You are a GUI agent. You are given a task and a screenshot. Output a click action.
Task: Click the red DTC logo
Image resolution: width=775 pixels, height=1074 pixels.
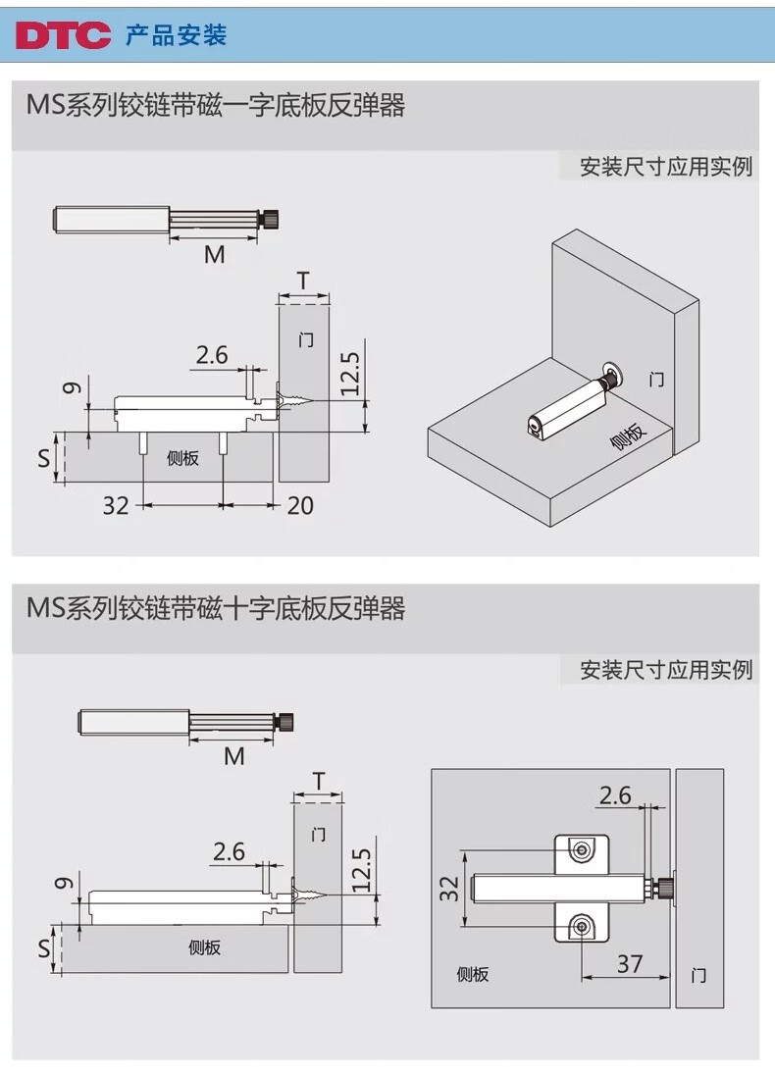pyautogui.click(x=63, y=36)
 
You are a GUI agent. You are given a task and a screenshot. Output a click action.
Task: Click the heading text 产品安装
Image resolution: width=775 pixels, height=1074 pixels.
pyautogui.click(x=177, y=36)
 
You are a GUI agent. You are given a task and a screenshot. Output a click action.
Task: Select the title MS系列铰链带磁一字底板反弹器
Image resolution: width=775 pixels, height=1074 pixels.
pyautogui.click(x=216, y=106)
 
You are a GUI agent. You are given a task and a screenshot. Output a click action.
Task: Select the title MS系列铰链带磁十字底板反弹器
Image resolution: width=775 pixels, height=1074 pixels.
pyautogui.click(x=216, y=609)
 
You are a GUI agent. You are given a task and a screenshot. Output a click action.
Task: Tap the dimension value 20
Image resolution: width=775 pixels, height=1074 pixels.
pyautogui.click(x=300, y=505)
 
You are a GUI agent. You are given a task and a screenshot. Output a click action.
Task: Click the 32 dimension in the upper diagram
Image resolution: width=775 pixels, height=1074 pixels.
pyautogui.click(x=116, y=505)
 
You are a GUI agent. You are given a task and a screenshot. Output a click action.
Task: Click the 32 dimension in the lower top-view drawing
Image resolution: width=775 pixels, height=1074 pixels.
pyautogui.click(x=448, y=889)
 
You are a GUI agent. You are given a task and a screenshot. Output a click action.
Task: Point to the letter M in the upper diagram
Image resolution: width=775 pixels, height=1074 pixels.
pyautogui.click(x=214, y=255)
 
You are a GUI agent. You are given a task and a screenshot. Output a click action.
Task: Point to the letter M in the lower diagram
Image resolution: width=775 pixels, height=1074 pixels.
pyautogui.click(x=233, y=756)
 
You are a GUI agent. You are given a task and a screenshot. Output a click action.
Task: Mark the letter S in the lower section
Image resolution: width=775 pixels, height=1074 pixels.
pyautogui.click(x=43, y=949)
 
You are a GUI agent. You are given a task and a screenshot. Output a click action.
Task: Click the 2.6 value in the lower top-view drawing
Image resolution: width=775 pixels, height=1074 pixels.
pyautogui.click(x=615, y=794)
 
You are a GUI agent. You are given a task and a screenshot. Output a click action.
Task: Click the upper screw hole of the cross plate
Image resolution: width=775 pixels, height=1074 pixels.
pyautogui.click(x=583, y=849)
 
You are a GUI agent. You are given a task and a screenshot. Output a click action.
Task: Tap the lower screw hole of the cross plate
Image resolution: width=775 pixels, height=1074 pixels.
pyautogui.click(x=583, y=924)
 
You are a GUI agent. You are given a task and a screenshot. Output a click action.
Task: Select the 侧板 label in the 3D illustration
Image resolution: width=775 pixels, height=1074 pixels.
pyautogui.click(x=628, y=435)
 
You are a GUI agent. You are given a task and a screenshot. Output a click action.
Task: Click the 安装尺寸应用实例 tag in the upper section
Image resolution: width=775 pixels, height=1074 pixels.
pyautogui.click(x=665, y=167)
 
